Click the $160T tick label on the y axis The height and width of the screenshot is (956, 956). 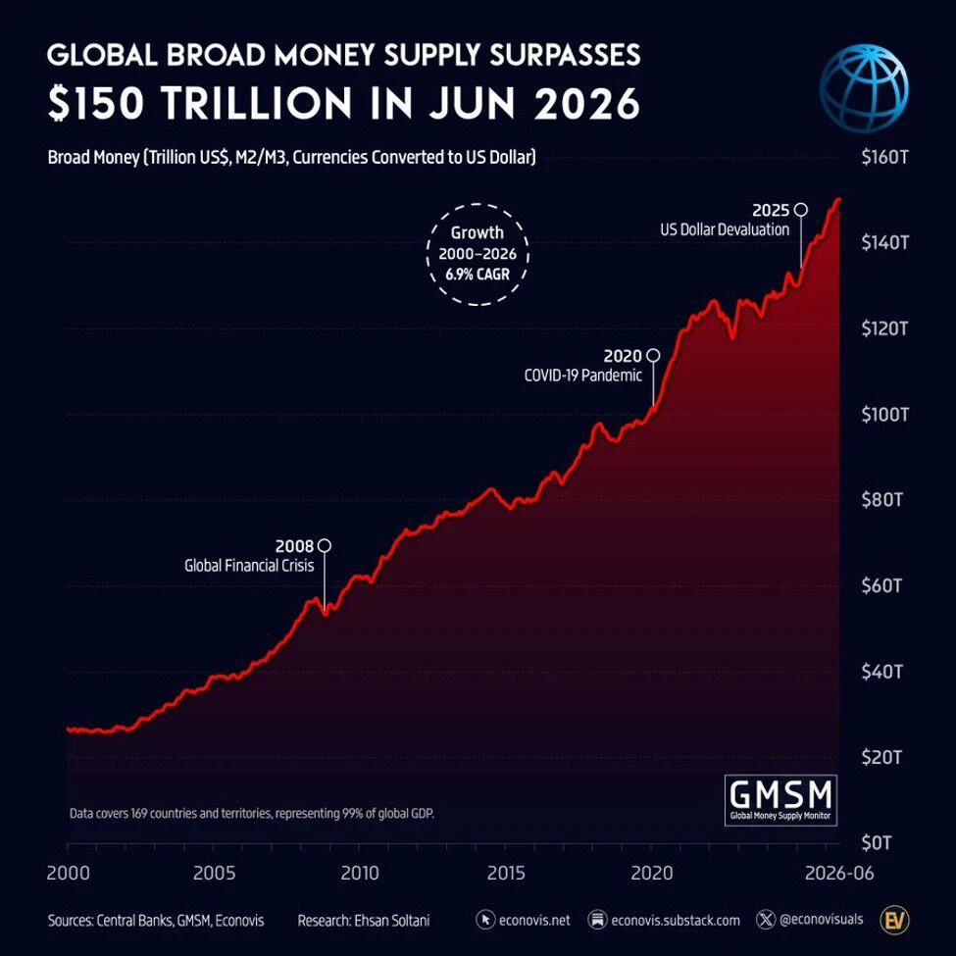tap(884, 157)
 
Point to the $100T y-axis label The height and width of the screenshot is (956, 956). tap(884, 415)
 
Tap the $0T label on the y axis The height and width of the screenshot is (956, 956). tap(877, 843)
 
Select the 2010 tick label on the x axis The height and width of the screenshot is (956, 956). tap(360, 873)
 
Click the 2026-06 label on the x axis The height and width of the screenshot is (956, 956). tap(839, 873)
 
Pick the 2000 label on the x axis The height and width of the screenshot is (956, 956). tap(69, 873)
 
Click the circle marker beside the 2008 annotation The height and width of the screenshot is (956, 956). tap(325, 545)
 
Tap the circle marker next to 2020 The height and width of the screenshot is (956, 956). tap(653, 355)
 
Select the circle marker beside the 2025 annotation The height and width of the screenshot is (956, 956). tap(801, 210)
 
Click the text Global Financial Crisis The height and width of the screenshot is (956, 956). tap(249, 566)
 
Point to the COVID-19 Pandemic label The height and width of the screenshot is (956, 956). tap(582, 375)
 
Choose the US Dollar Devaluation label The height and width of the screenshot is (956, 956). tap(725, 229)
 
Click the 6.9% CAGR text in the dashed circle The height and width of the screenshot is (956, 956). tap(478, 275)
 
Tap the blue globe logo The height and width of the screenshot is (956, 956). tap(864, 88)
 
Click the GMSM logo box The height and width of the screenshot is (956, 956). tap(780, 800)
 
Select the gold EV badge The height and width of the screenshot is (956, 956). tap(894, 920)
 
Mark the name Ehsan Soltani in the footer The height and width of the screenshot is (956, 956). tap(392, 920)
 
